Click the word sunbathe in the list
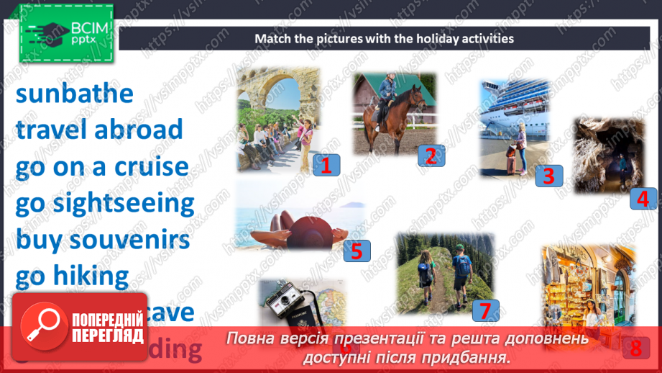point(74,94)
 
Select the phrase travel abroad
point(99,130)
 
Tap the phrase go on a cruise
point(102,167)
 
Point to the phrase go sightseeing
point(105,203)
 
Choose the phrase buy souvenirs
point(102,239)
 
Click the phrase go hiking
point(72,275)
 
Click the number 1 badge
point(326,165)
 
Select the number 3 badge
point(548,175)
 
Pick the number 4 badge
point(643,197)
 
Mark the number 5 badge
point(357,250)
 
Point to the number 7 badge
point(485,310)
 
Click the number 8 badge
point(635,348)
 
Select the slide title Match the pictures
point(384,38)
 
